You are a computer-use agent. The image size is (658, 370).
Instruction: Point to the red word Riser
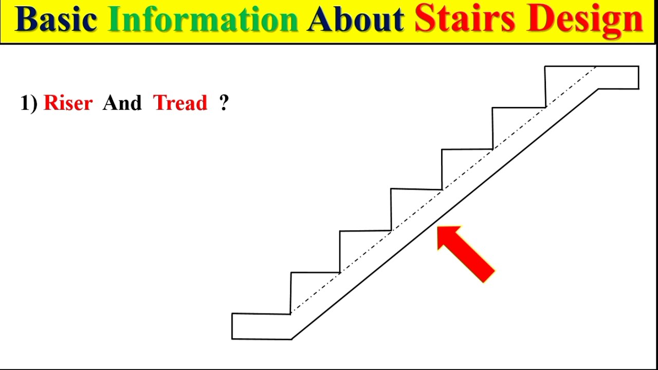pyautogui.click(x=68, y=103)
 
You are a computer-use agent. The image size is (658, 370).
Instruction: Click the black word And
pyautogui.click(x=122, y=103)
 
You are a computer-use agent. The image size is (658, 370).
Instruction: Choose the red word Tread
pyautogui.click(x=180, y=103)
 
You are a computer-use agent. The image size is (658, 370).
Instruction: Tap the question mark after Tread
pyautogui.click(x=224, y=103)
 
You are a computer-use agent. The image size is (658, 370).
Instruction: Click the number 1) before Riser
pyautogui.click(x=29, y=103)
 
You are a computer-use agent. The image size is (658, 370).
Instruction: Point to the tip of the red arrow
pyautogui.click(x=438, y=228)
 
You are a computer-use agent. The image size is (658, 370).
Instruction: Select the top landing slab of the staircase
pyautogui.click(x=617, y=78)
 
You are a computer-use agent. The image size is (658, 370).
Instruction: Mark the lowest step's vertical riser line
pyautogui.click(x=290, y=293)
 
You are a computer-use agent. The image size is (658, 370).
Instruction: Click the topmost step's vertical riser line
pyautogui.click(x=545, y=87)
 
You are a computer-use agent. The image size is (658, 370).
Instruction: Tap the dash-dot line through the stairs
pyautogui.click(x=416, y=211)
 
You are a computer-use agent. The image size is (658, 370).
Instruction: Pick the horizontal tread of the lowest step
pyautogui.click(x=315, y=272)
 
